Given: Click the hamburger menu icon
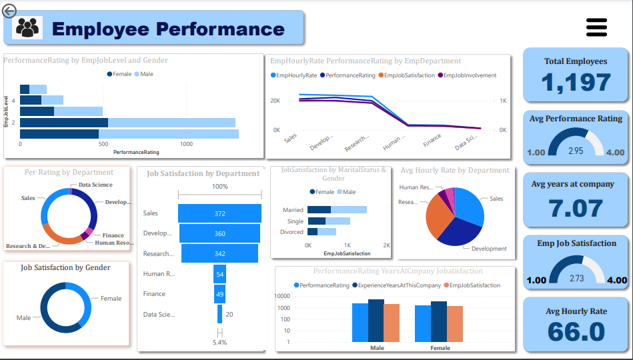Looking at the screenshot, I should click(x=596, y=27).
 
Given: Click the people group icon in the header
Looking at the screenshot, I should click(x=27, y=28).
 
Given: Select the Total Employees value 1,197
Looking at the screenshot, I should click(x=575, y=82).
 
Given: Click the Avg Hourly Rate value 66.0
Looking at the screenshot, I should click(x=575, y=332).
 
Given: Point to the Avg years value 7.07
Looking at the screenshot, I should click(x=575, y=208).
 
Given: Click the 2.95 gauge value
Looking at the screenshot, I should click(x=575, y=151).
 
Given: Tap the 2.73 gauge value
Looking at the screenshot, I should click(x=575, y=277).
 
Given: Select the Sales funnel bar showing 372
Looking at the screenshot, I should click(x=219, y=213).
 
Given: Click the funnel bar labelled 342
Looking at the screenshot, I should click(x=219, y=254).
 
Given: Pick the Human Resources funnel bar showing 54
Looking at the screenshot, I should click(x=219, y=274).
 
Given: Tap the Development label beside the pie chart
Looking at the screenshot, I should click(x=489, y=249).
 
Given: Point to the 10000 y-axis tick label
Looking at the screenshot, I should click(x=281, y=296).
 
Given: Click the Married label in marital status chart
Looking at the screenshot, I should click(x=293, y=210).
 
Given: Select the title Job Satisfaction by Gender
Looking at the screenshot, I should click(x=65, y=267).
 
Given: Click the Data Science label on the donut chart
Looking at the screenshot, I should click(x=95, y=185).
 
